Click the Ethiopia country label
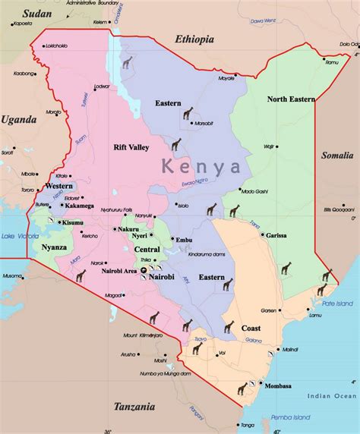click(194, 39)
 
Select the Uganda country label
click(18, 120)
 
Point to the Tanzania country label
click(135, 407)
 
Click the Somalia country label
click(336, 156)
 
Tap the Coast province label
click(251, 329)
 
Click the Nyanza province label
click(54, 247)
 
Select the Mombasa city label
click(279, 385)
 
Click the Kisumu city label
click(73, 222)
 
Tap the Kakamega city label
click(80, 206)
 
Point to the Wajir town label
click(268, 146)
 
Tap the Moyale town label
click(226, 78)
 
